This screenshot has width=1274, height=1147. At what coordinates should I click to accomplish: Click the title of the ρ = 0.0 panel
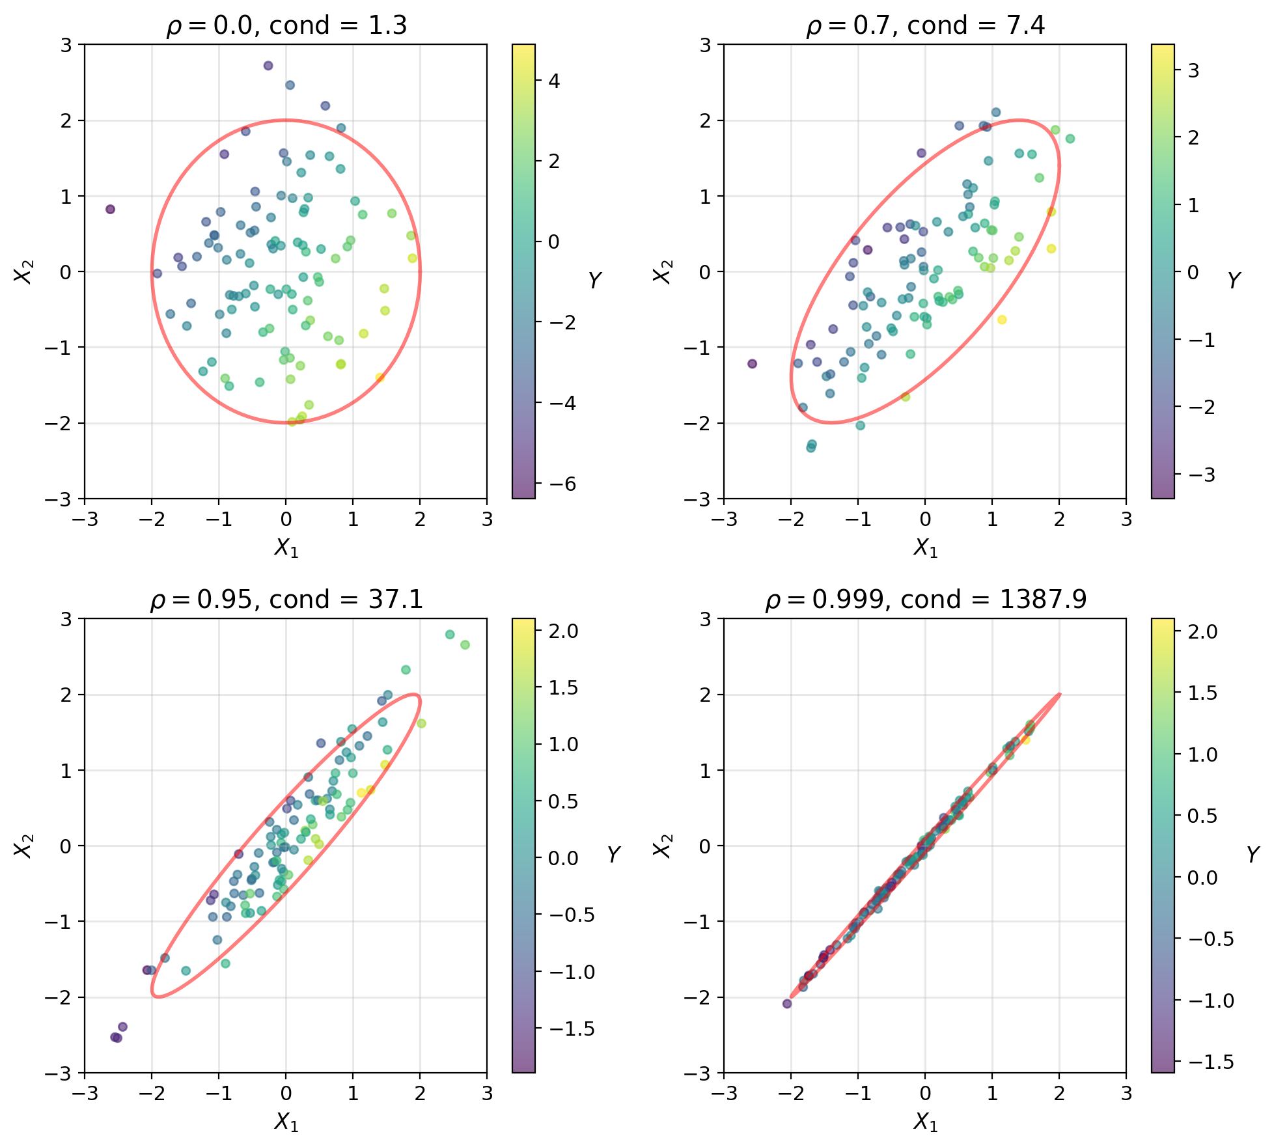286,26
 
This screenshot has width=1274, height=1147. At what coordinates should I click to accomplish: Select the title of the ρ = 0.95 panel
286,600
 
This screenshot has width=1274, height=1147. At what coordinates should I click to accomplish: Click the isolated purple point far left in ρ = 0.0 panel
110,209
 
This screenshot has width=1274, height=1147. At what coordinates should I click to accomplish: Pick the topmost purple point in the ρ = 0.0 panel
268,66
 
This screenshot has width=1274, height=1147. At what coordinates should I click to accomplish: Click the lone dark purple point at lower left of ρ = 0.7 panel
752,364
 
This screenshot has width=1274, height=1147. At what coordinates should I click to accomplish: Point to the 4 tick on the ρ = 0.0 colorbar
554,81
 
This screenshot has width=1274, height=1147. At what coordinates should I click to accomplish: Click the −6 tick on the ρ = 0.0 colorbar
550,484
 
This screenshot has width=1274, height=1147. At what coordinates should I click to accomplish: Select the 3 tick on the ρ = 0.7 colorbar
1193,70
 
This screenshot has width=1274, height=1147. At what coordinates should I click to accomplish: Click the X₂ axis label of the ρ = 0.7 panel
662,271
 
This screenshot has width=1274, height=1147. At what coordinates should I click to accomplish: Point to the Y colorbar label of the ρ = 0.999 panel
1253,854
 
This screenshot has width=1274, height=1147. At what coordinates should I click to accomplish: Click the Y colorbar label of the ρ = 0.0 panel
594,281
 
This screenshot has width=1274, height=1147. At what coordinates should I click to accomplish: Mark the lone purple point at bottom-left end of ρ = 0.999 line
786,1004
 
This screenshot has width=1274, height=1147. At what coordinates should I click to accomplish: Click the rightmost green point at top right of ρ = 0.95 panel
465,645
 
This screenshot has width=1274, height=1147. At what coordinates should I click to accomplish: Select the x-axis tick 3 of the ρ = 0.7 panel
1126,519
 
